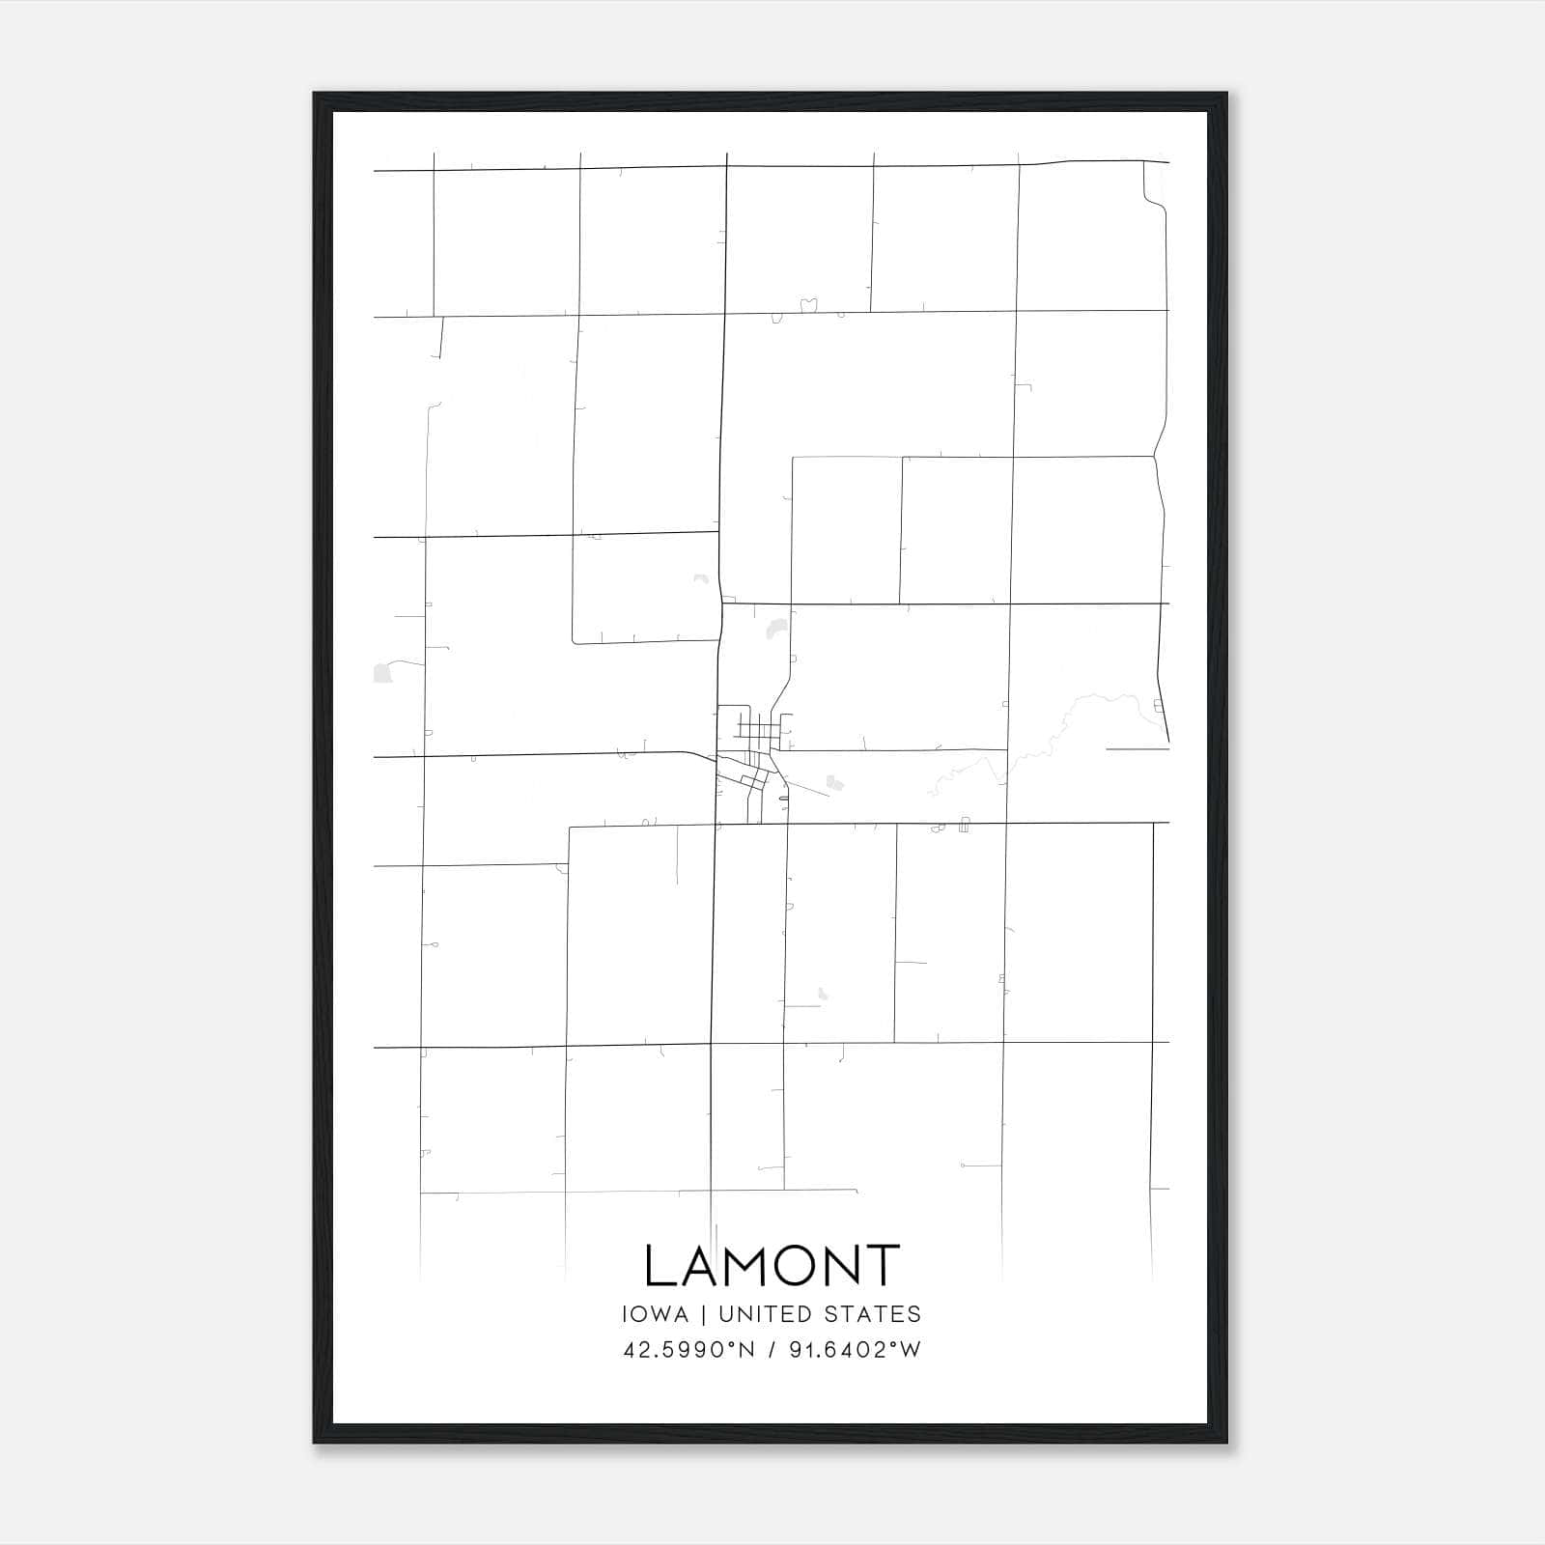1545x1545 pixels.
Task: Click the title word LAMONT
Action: pyautogui.click(x=772, y=1266)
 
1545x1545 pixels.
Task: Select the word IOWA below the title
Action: pyautogui.click(x=656, y=1314)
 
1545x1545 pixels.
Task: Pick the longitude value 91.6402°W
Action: pyautogui.click(x=856, y=1349)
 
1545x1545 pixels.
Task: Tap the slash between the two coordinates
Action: pyautogui.click(x=772, y=1349)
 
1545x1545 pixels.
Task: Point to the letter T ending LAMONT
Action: pyautogui.click(x=882, y=1266)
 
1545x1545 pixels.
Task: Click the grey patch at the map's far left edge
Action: pyautogui.click(x=382, y=672)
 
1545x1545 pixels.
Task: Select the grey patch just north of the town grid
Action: pyautogui.click(x=773, y=630)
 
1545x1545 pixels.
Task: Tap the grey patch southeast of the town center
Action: pyautogui.click(x=835, y=784)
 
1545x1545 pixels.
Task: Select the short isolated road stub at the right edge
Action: pyautogui.click(x=1138, y=748)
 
